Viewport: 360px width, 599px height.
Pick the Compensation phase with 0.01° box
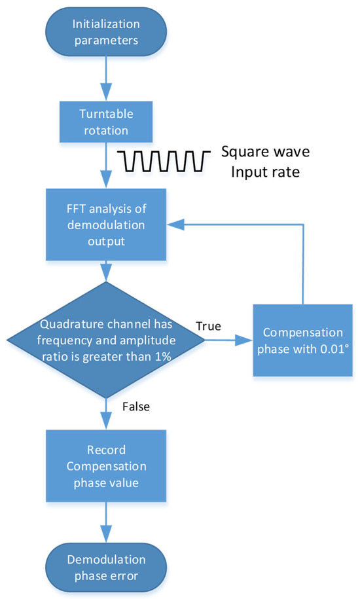tap(302, 341)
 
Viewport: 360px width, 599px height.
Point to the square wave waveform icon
tap(164, 159)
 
